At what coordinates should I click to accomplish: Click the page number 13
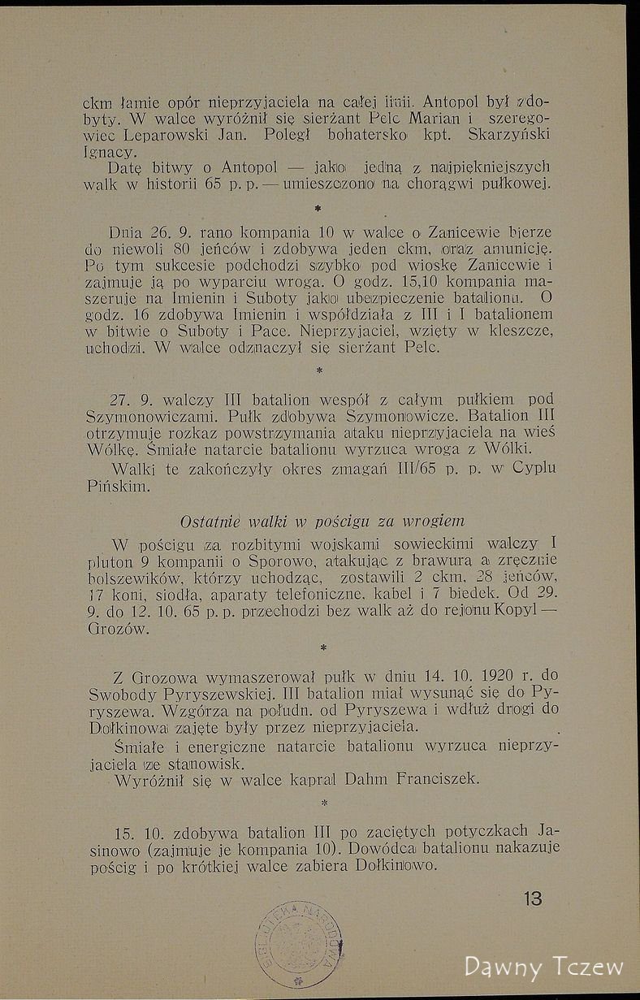533,898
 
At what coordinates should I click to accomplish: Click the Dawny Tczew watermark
543,967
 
